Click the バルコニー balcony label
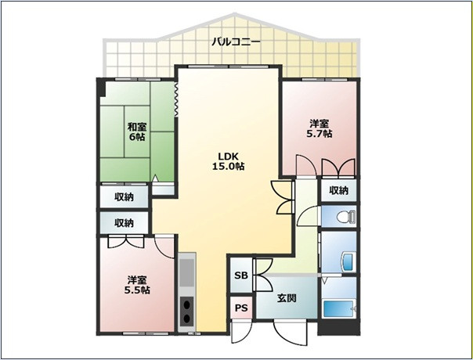click(x=236, y=41)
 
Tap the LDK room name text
click(x=229, y=156)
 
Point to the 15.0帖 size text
click(x=229, y=166)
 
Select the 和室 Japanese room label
click(x=138, y=126)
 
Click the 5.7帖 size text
click(x=320, y=134)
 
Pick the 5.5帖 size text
click(x=137, y=290)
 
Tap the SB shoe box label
click(x=241, y=275)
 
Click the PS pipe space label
click(x=241, y=308)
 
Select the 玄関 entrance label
click(x=287, y=298)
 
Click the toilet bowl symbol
click(x=346, y=217)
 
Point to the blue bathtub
click(x=338, y=309)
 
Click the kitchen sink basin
click(x=186, y=272)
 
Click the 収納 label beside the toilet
click(x=338, y=190)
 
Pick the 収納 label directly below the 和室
click(x=124, y=197)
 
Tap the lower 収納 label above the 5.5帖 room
click(x=124, y=223)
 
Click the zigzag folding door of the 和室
click(x=176, y=99)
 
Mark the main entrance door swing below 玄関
click(x=291, y=333)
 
